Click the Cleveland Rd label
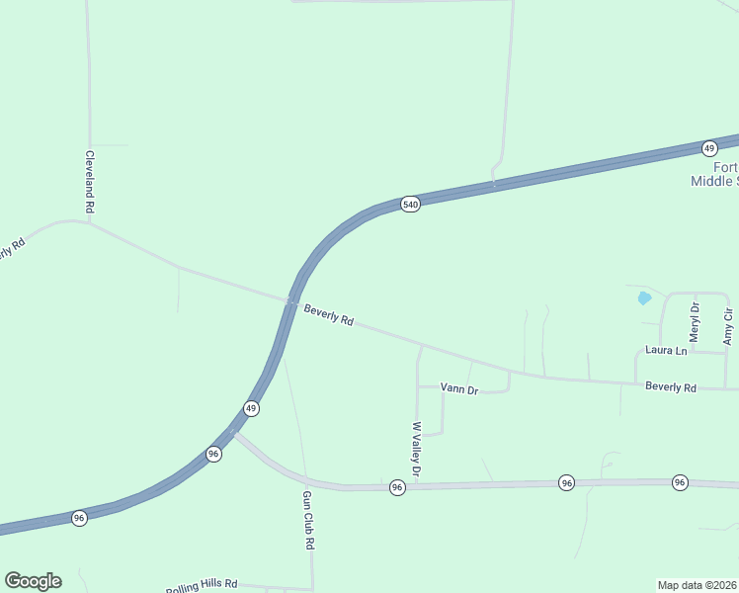tap(89, 182)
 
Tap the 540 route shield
tap(411, 205)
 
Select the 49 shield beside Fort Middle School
tap(709, 148)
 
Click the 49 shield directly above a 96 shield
tap(252, 408)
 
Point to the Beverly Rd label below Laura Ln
tap(671, 387)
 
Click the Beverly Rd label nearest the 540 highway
tap(328, 315)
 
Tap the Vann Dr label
tap(458, 389)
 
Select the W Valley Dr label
tap(417, 451)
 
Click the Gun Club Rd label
tap(308, 520)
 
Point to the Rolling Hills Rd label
tap(202, 585)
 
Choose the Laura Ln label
tap(665, 350)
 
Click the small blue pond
tap(644, 296)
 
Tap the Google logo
tap(33, 581)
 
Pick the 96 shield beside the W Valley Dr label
tap(396, 488)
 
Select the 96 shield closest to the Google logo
tap(79, 518)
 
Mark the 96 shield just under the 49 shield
tap(213, 454)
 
